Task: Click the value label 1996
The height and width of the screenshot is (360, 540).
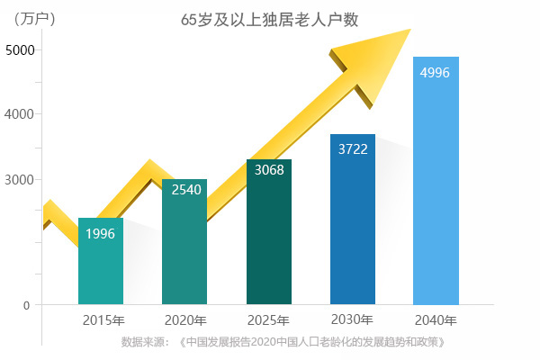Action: tap(101, 234)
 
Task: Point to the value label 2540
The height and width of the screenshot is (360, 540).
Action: tap(185, 190)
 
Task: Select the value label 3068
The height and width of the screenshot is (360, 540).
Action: tap(269, 169)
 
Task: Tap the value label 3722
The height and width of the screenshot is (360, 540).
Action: tap(354, 148)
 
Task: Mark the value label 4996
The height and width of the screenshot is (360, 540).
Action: tap(436, 73)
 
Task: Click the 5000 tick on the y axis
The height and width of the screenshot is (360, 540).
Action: tap(21, 49)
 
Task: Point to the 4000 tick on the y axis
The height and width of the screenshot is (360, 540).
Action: tap(21, 114)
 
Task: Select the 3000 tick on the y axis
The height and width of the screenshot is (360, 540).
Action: tap(21, 180)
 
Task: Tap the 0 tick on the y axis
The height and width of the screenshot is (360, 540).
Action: tap(26, 305)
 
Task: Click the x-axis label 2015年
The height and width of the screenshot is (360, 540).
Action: tap(103, 320)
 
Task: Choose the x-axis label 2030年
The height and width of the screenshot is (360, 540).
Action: tap(352, 319)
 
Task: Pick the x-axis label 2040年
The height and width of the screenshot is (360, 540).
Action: tap(436, 320)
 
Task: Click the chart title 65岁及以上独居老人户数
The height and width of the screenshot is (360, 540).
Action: tap(269, 19)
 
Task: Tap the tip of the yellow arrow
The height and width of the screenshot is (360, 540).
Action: tap(409, 30)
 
